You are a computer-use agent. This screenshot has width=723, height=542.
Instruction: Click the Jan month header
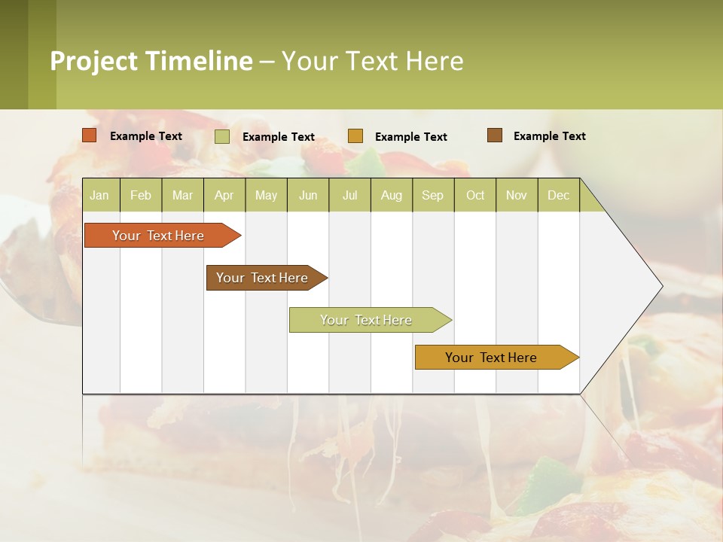(x=100, y=195)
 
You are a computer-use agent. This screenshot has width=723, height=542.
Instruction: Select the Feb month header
(x=141, y=195)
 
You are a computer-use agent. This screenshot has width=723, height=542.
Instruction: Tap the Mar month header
(x=182, y=195)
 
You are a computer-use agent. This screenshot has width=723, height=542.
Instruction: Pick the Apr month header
(x=224, y=195)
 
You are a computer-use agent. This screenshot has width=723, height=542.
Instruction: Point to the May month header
(x=266, y=195)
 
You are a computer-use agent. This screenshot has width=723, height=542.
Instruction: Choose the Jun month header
(x=308, y=195)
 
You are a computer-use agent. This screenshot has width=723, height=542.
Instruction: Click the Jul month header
(x=349, y=195)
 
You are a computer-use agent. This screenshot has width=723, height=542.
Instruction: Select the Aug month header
(x=392, y=195)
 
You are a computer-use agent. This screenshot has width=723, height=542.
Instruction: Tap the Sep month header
(x=433, y=195)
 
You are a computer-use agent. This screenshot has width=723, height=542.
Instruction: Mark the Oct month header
(x=475, y=195)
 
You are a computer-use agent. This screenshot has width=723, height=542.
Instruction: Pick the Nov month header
(x=517, y=195)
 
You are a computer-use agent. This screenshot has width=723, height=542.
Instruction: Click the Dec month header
(x=559, y=195)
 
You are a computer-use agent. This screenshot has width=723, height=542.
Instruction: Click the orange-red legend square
(x=90, y=135)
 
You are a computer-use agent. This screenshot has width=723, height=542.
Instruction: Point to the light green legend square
(x=222, y=136)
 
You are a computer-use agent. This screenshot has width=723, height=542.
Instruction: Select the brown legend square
(x=495, y=135)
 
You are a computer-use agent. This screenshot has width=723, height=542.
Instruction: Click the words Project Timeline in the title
(x=151, y=61)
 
